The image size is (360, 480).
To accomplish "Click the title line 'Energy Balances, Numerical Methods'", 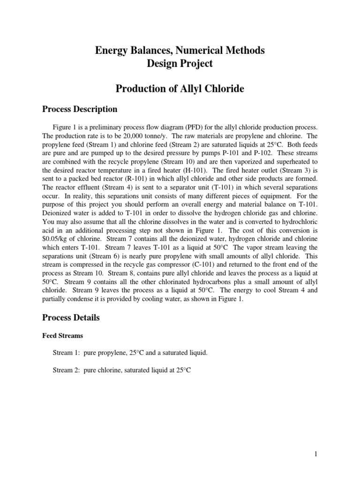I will pos(180,50).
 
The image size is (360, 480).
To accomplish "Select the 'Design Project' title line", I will pos(180,63).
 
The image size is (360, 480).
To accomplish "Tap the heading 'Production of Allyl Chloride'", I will pos(180,89).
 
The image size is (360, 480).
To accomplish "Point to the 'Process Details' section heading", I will pos(71,317).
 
